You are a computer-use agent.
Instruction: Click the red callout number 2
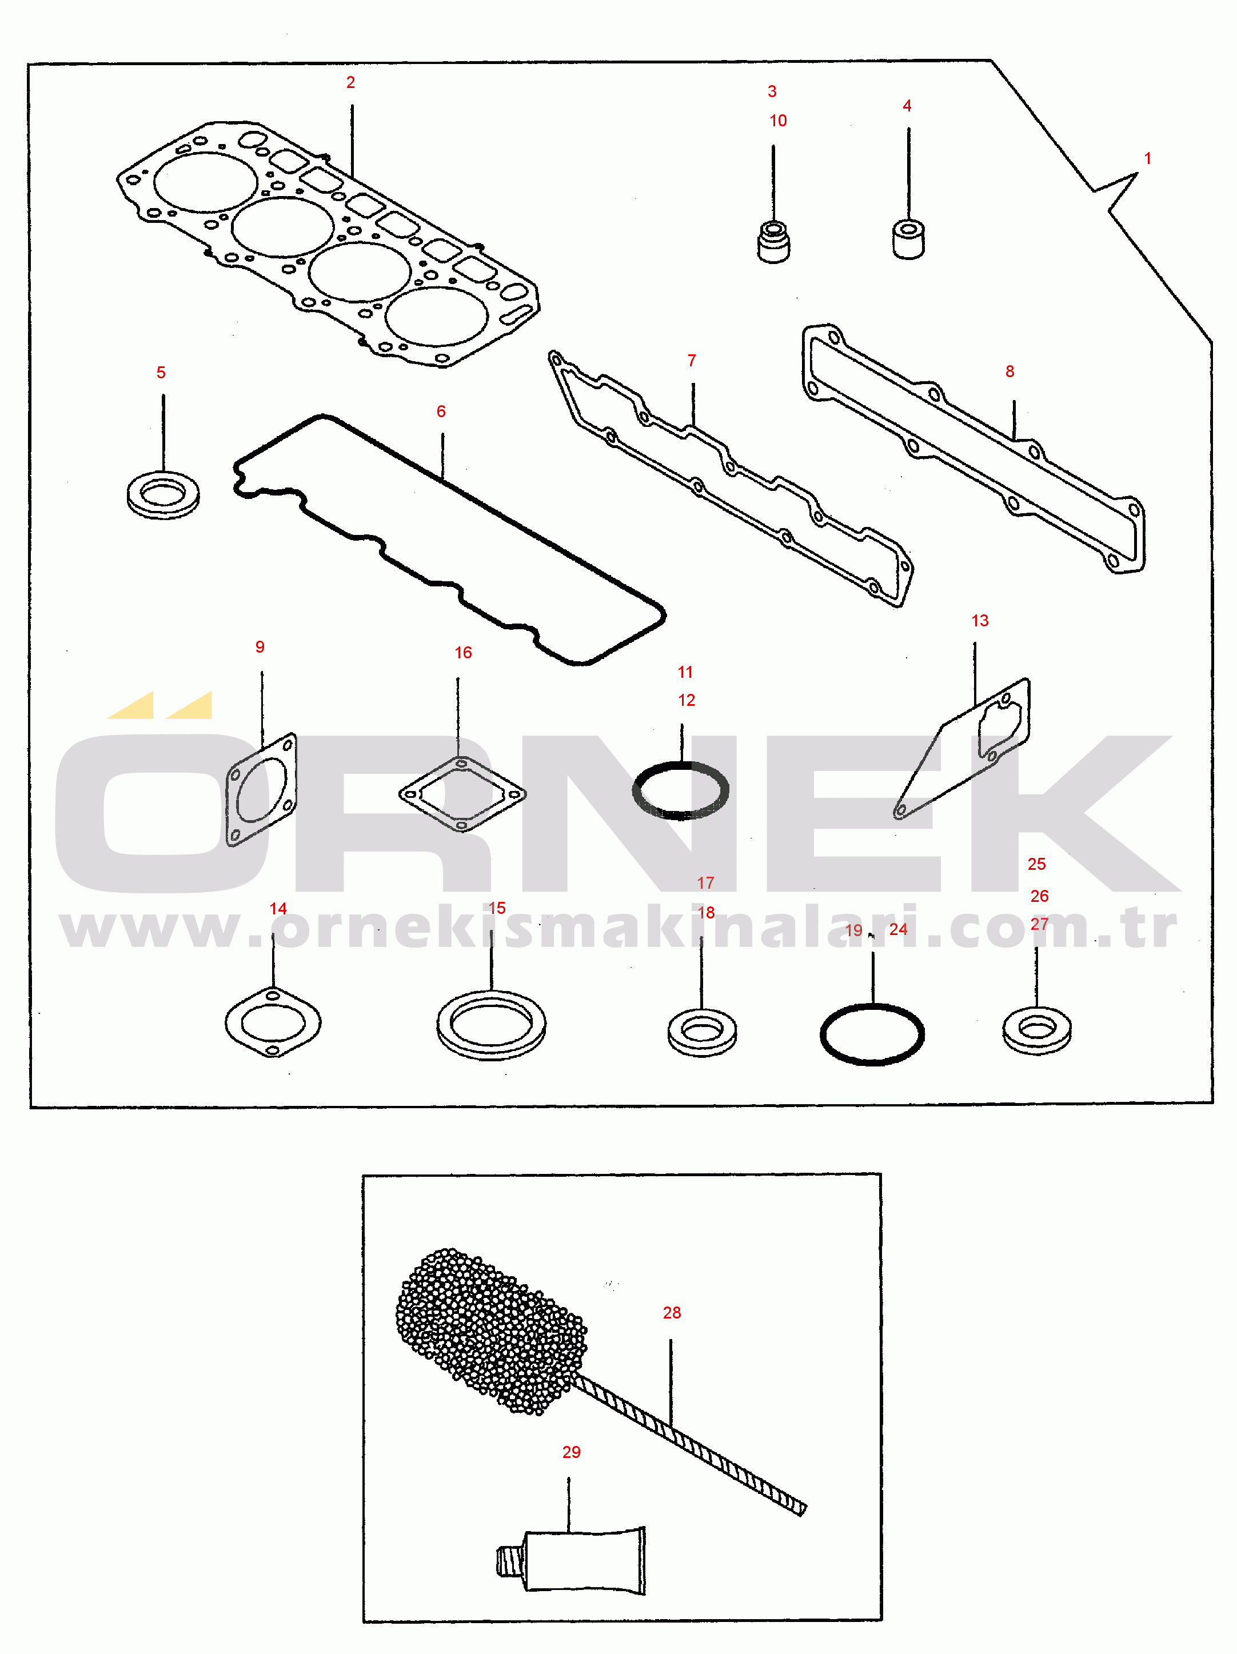(x=350, y=83)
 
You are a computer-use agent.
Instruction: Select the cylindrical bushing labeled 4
(x=909, y=238)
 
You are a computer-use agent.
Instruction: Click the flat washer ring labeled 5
(x=163, y=495)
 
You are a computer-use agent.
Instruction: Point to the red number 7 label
(x=692, y=361)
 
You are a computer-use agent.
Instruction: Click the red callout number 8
(x=1009, y=371)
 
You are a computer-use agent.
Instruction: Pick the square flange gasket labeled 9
(x=261, y=790)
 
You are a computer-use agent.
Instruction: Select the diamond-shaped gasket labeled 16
(x=462, y=793)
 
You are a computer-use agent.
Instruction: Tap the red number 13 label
(x=980, y=621)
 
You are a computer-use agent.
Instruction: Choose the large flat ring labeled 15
(x=492, y=1024)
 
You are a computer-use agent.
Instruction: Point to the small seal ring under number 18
(x=701, y=1033)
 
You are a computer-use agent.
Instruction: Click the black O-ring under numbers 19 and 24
(x=872, y=1034)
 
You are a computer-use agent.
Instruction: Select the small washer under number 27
(x=1036, y=1031)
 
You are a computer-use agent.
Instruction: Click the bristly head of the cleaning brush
(x=490, y=1332)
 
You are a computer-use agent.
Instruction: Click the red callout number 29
(x=572, y=1452)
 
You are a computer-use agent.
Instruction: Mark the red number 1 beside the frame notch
(x=1147, y=158)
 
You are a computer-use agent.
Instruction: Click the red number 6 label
(x=441, y=411)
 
